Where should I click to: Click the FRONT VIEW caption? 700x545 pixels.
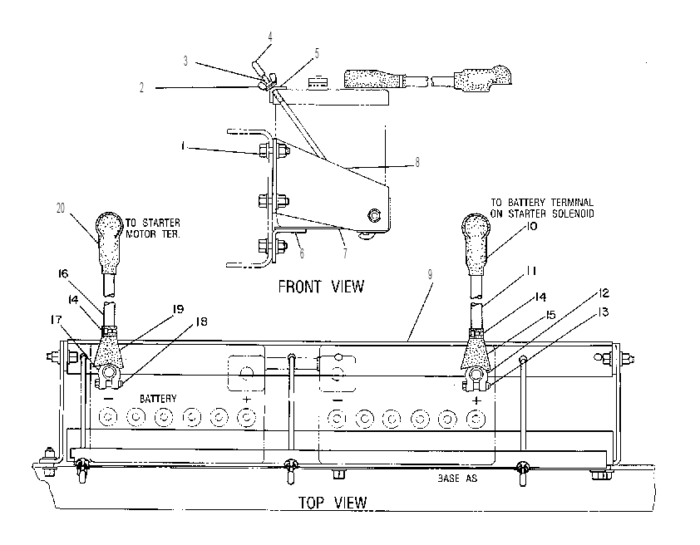321,287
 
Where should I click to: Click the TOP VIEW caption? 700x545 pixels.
333,503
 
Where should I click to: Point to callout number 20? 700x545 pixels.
61,208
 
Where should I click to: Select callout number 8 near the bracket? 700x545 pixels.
417,162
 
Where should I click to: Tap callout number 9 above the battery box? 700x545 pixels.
430,274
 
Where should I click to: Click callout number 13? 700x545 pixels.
603,312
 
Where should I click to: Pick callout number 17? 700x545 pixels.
56,319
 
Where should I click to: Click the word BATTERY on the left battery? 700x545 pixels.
158,398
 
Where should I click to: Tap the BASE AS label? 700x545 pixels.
457,478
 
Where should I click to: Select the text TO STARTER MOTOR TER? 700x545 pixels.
153,228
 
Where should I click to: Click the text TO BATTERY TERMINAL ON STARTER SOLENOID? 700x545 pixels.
542,209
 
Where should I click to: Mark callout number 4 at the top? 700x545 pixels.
270,37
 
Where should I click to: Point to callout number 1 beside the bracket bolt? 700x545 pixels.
183,145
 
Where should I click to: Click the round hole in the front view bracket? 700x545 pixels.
373,216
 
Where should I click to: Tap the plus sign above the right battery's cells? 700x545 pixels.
476,400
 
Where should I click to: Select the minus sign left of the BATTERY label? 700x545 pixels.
111,398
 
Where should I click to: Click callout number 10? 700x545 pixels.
531,226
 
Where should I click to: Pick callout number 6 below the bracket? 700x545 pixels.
303,253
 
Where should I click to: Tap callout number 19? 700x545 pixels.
178,308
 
